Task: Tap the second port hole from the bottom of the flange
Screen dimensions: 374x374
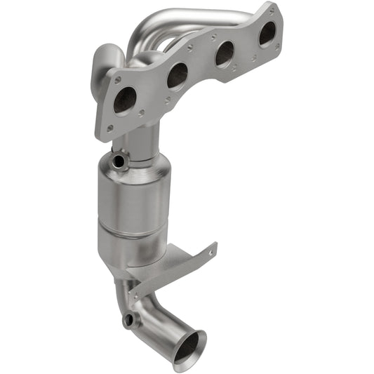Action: coord(177,76)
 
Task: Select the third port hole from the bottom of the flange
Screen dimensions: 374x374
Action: coord(225,54)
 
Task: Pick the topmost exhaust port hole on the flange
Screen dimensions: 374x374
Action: coord(267,33)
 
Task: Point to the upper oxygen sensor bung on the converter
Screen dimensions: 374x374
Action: coord(119,163)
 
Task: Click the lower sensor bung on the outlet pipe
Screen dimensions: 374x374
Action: coord(130,321)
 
